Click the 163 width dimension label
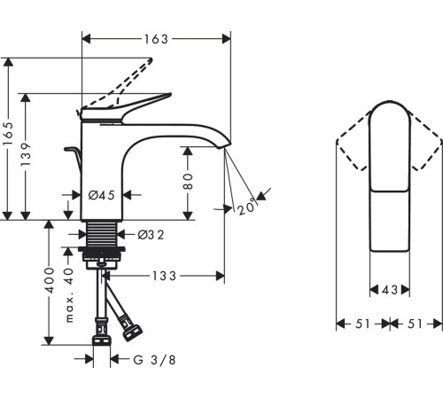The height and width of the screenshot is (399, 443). (x=156, y=39)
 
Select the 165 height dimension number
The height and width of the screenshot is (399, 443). (x=8, y=134)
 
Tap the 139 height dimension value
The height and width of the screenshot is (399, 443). (x=26, y=154)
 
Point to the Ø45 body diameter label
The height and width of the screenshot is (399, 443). (x=102, y=195)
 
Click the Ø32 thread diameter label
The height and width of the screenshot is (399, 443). (x=151, y=235)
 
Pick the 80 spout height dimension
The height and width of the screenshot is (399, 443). (x=188, y=182)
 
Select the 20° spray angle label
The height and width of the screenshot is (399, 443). (x=246, y=207)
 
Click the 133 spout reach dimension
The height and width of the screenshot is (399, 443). (x=164, y=276)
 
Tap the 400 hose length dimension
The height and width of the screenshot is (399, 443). (x=49, y=280)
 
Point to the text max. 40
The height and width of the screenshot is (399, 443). (x=69, y=294)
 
